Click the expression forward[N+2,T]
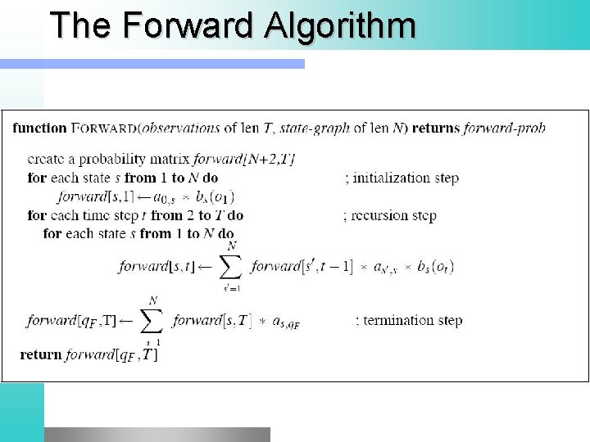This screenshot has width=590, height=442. click(245, 159)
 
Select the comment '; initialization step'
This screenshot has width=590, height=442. click(402, 177)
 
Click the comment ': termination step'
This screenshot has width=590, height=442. click(409, 320)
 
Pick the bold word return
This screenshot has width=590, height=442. click(40, 354)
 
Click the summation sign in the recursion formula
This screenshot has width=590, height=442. click(232, 265)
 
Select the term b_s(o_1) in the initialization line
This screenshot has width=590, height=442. click(216, 196)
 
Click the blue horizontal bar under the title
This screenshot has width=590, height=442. click(152, 63)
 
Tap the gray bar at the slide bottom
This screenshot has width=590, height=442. click(157, 434)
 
